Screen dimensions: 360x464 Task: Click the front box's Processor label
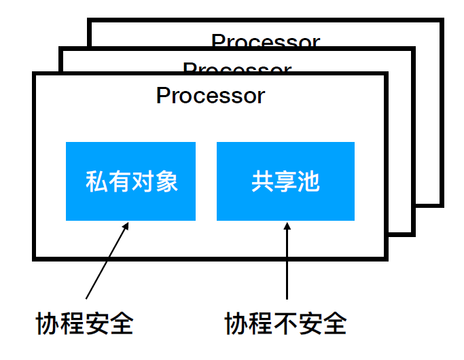point(210,96)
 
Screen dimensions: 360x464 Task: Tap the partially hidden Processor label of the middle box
point(237,68)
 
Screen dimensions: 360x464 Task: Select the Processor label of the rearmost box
point(265,41)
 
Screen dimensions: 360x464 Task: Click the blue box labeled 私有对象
point(130,181)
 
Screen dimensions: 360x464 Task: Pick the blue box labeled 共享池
point(285,181)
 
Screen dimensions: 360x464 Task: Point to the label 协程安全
point(84,323)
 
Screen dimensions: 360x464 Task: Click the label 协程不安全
point(285,323)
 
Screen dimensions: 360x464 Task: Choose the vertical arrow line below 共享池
point(287,265)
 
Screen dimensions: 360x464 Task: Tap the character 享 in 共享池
point(285,181)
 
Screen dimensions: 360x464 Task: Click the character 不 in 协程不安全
point(285,323)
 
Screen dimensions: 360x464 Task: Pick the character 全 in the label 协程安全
point(121,323)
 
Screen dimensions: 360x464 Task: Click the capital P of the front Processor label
point(163,96)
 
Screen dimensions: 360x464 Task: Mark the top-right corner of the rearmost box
point(441,21)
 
